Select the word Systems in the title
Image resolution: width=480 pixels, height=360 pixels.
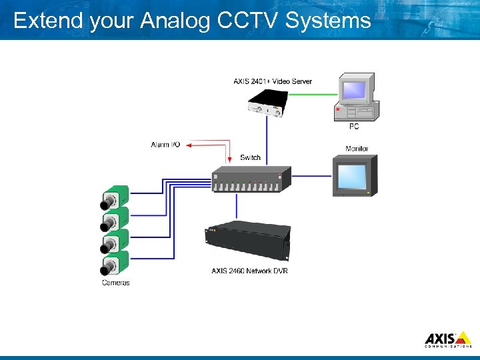tap(328, 21)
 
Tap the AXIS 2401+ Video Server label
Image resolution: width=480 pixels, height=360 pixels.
tap(272, 81)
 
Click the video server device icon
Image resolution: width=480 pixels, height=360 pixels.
tap(274, 104)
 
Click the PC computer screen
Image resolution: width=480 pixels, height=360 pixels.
tap(353, 89)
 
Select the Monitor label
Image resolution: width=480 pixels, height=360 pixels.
tap(357, 148)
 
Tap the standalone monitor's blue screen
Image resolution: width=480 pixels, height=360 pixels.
tap(352, 176)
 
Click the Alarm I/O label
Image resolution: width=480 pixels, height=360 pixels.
tap(165, 144)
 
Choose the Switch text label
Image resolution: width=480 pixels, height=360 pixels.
tap(250, 157)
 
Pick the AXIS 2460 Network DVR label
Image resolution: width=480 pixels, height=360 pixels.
tap(249, 271)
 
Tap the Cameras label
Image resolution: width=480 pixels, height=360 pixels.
tap(115, 283)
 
